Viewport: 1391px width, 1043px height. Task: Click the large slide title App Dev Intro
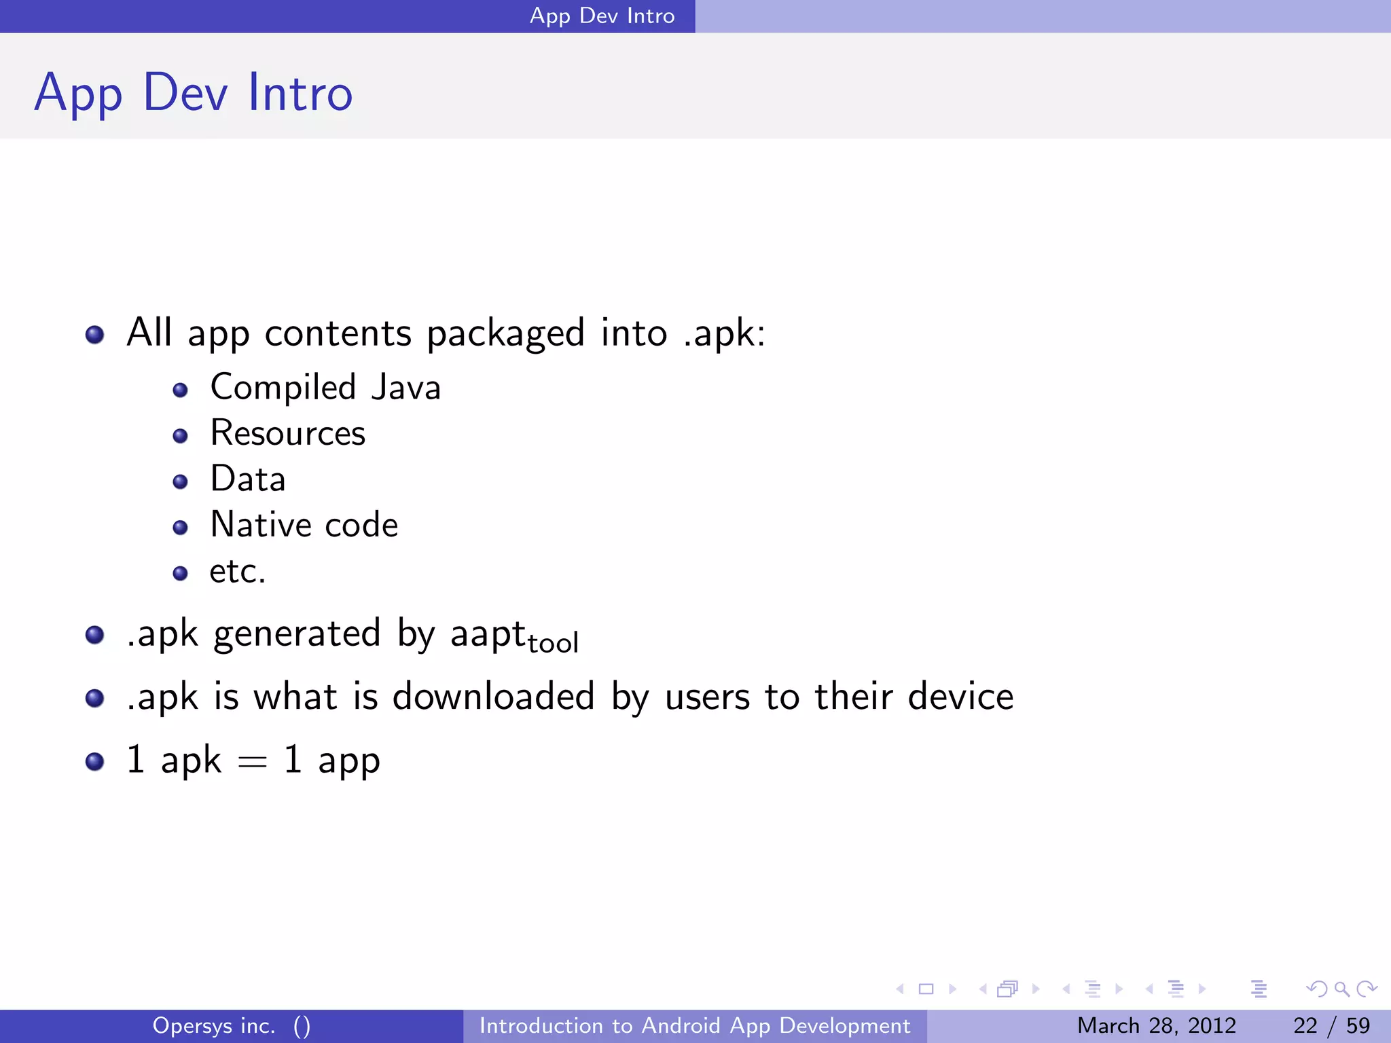(194, 93)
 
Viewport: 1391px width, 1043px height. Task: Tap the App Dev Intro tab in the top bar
(602, 16)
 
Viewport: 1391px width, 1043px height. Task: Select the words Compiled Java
(325, 388)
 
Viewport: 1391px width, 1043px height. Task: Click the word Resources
(288, 433)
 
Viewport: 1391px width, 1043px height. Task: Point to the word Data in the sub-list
(248, 479)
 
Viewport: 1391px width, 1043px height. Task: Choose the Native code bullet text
(304, 525)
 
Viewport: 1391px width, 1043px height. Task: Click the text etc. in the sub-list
(237, 571)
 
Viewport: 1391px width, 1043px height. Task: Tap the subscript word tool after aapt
(553, 642)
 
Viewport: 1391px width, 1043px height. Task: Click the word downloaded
(494, 697)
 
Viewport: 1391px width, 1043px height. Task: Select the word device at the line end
(960, 697)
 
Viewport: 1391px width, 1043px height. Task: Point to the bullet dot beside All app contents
(95, 335)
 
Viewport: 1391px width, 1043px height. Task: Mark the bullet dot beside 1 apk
(95, 761)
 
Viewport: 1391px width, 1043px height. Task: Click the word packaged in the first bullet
(505, 333)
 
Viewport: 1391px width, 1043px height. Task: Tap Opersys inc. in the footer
(214, 1025)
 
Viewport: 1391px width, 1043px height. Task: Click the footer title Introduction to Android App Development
(694, 1025)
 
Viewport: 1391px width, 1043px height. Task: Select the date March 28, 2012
(1156, 1025)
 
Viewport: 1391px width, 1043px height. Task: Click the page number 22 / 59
(1331, 1025)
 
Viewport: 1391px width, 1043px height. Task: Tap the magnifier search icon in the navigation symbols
(1341, 989)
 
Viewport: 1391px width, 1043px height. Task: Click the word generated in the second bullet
(297, 634)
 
